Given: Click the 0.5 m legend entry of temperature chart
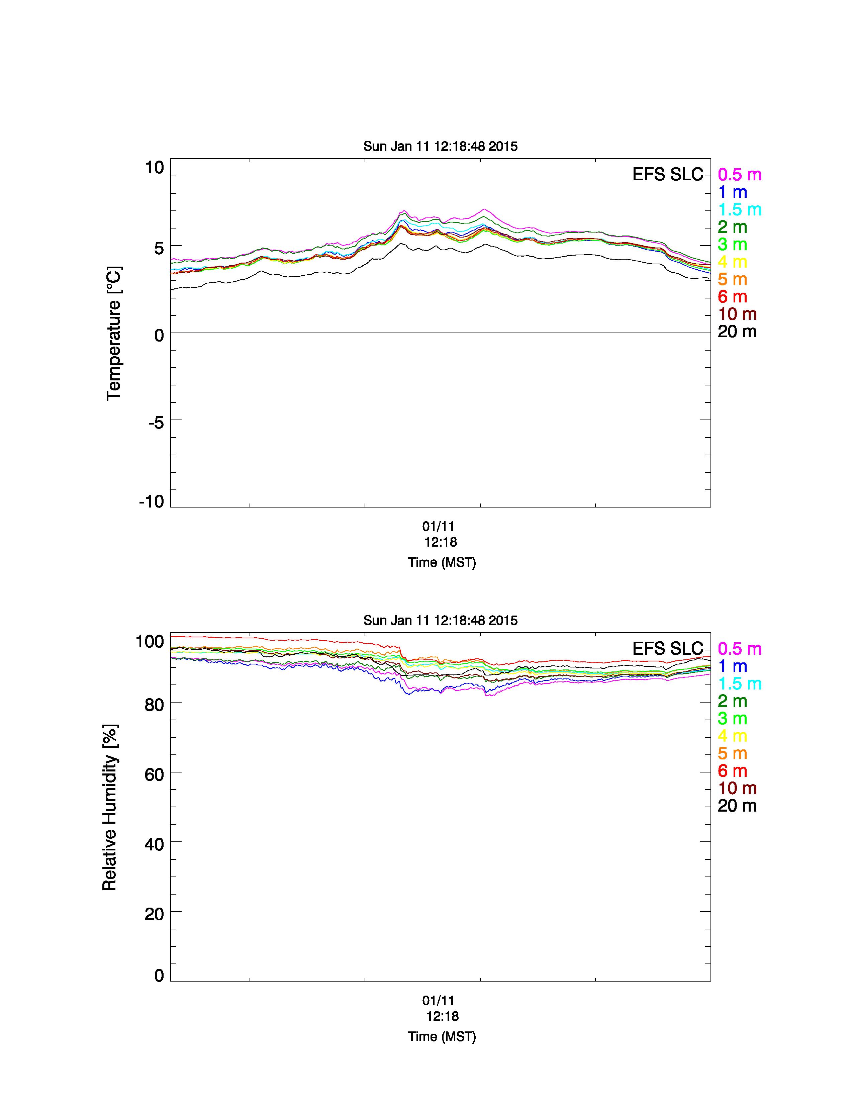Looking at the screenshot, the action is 739,175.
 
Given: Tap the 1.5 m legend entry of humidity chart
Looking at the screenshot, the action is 739,684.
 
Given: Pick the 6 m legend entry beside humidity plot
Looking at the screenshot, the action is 732,771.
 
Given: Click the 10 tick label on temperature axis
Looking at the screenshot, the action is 155,167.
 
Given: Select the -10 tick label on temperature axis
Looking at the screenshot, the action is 152,501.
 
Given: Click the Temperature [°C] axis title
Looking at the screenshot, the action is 114,334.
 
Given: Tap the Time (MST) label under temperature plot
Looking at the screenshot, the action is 442,563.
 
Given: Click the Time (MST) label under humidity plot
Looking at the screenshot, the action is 442,1037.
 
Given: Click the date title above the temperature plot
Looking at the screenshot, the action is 441,147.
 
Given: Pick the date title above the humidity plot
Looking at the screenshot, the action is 441,620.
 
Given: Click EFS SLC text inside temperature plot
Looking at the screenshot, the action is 668,174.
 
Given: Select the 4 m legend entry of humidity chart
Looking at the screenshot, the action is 732,736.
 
